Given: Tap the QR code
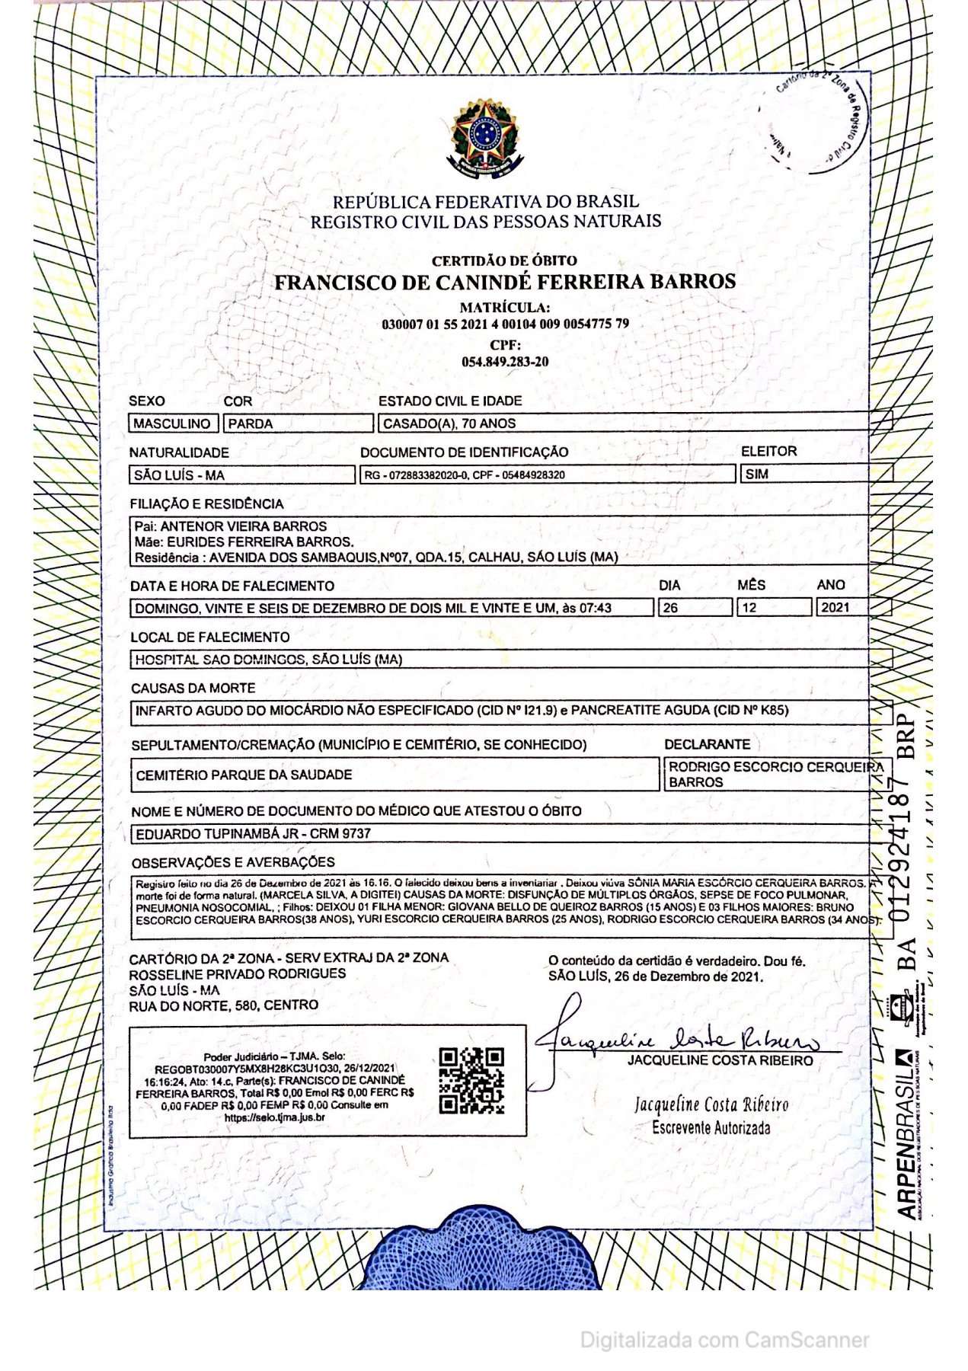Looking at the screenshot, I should click(471, 1081).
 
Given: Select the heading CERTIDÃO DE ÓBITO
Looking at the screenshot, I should click(504, 260).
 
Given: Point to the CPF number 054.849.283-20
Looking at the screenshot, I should click(505, 362).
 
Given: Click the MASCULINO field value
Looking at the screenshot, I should click(172, 423).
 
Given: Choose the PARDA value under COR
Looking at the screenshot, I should click(251, 423).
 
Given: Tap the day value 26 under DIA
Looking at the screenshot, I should click(670, 608).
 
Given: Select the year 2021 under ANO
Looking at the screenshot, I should click(835, 608).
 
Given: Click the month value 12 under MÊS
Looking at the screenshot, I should click(749, 608).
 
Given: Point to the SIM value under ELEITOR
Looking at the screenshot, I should click(757, 474).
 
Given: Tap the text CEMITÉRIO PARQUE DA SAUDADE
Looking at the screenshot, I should click(244, 775).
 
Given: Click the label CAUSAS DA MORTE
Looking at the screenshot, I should click(193, 688).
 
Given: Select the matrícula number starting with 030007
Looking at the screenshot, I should click(505, 324).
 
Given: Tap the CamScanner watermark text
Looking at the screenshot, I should click(724, 1340).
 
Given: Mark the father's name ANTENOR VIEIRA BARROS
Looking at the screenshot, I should click(243, 526).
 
